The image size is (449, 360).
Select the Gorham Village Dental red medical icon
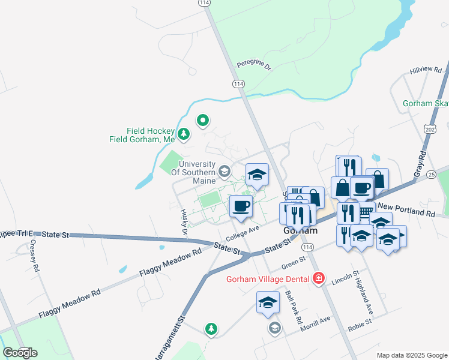point(318,278)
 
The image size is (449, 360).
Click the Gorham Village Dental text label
point(268,279)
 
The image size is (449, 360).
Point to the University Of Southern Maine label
point(193,172)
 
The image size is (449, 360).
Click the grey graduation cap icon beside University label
point(224,172)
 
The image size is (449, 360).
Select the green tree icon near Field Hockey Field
point(184,134)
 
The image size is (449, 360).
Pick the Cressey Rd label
point(35,256)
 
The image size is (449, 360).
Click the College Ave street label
point(243,230)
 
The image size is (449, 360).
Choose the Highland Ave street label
point(369,299)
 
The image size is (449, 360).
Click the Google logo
point(20,353)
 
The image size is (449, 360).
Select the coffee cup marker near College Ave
point(241,206)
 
